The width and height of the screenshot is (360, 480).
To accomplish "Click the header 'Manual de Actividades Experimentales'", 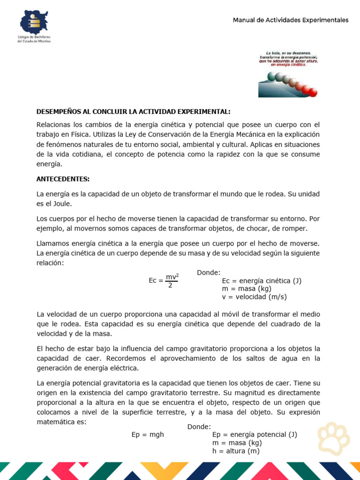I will click(x=291, y=20).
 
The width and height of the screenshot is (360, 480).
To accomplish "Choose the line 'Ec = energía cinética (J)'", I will click(x=262, y=281).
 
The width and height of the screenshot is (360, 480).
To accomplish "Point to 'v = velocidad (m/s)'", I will click(x=254, y=297).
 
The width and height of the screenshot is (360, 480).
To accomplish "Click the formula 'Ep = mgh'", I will click(x=148, y=435).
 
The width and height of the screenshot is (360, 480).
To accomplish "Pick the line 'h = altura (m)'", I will click(x=236, y=451).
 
